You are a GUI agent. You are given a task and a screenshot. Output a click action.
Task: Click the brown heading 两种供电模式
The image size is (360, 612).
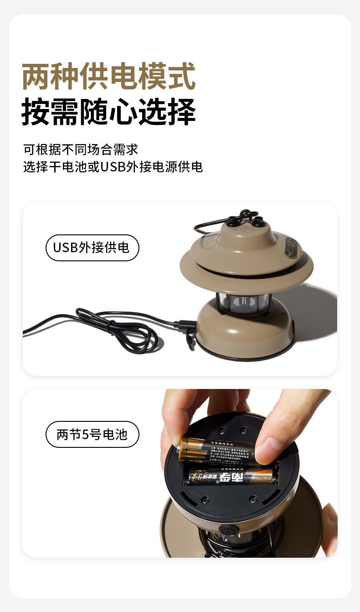(x=108, y=77)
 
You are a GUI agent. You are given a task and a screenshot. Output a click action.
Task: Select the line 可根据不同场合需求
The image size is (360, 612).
(x=80, y=149)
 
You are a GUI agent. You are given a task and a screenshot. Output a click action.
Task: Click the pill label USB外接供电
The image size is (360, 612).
(x=92, y=248)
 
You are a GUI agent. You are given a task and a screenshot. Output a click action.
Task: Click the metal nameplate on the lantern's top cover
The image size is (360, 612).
(x=292, y=247)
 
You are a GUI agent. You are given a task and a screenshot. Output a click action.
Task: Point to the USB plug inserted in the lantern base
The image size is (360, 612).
(x=187, y=325)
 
